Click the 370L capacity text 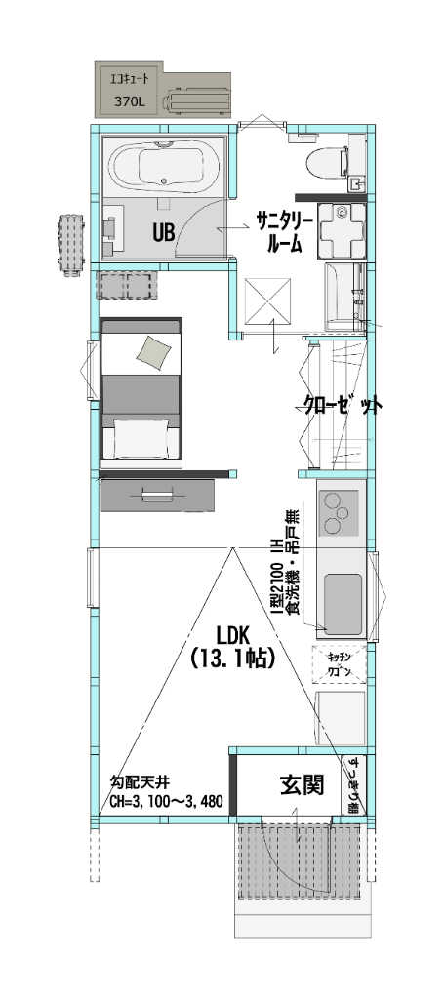point(129,100)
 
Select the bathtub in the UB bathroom point(163,167)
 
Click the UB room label point(163,232)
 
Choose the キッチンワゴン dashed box point(339,664)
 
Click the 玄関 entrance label point(302,784)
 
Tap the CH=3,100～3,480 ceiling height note point(166,803)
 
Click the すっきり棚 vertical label point(353,784)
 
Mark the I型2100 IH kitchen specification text point(277,576)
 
